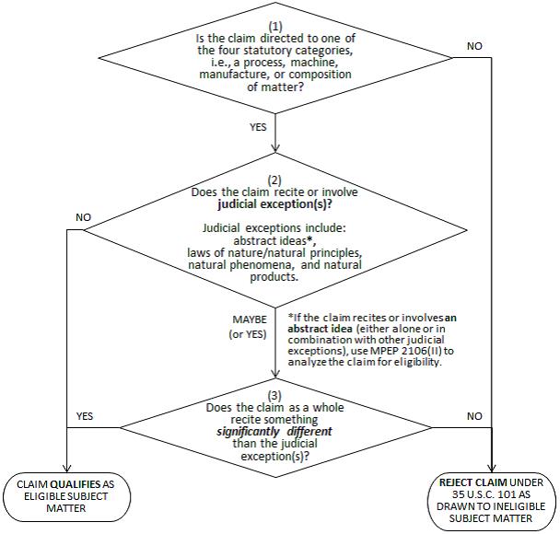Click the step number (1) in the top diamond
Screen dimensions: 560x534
click(275, 27)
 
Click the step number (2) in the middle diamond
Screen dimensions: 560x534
click(274, 180)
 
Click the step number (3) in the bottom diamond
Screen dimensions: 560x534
click(274, 396)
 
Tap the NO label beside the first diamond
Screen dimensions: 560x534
click(474, 46)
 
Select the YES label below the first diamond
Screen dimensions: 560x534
click(258, 127)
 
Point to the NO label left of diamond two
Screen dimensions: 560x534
click(83, 217)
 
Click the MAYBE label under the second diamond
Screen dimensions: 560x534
click(250, 319)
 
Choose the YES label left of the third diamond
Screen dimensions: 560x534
click(85, 416)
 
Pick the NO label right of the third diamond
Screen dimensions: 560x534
click(474, 416)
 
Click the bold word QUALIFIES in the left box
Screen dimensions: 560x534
click(76, 484)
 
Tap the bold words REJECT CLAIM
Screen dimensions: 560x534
click(473, 482)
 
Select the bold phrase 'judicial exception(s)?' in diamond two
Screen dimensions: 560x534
click(274, 204)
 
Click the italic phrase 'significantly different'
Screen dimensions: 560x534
click(274, 432)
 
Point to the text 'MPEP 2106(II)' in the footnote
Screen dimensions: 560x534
click(406, 351)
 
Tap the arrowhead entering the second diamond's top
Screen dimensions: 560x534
click(275, 148)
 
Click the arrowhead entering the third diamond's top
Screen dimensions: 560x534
click(275, 374)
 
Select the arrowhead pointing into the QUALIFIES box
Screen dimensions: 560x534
click(67, 468)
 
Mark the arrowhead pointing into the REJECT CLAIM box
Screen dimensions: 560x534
click(492, 468)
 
